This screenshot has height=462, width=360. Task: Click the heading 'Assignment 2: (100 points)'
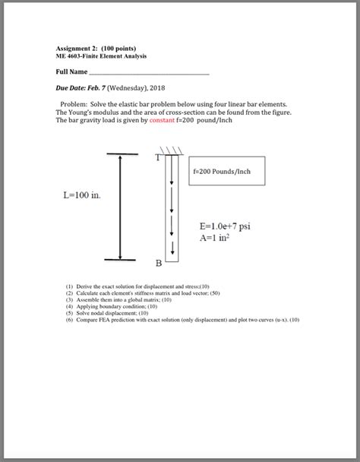coord(96,49)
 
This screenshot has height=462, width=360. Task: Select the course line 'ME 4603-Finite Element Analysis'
coord(102,56)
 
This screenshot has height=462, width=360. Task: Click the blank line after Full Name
coord(150,74)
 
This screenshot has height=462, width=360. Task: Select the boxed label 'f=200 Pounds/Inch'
coord(222,172)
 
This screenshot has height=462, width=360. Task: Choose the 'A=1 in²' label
coord(216,237)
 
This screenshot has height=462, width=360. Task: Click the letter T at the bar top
coord(157,158)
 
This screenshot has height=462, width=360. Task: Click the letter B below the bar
coord(159,264)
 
